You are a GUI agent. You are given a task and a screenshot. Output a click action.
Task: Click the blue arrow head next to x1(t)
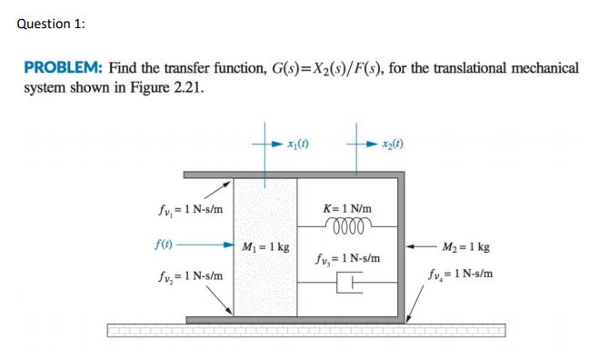[x=277, y=144]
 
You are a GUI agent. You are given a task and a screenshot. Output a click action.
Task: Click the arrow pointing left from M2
[x=418, y=245]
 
